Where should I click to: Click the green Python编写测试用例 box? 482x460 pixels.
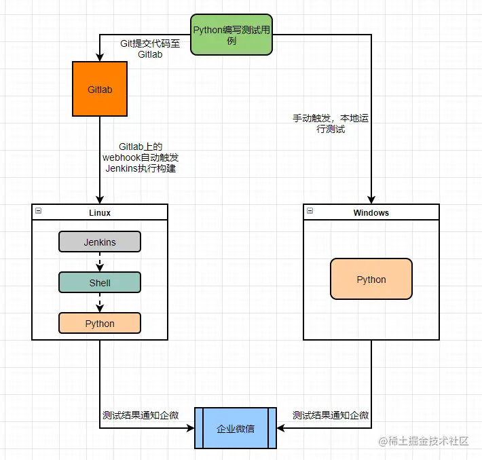[x=231, y=35]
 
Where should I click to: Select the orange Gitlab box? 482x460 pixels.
[x=100, y=89]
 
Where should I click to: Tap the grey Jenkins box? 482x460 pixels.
[x=100, y=242]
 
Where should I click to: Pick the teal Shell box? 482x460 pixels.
[x=100, y=282]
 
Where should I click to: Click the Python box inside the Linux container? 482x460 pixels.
[x=100, y=323]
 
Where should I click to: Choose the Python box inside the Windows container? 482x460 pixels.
[x=371, y=279]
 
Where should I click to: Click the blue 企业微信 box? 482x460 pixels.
[x=236, y=428]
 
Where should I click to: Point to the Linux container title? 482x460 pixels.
[x=100, y=212]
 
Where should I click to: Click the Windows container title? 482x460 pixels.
[x=371, y=212]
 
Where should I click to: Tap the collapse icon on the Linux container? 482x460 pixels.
[x=39, y=211]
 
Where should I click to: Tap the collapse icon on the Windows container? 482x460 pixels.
[x=310, y=211]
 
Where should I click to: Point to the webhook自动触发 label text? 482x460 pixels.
[x=141, y=157]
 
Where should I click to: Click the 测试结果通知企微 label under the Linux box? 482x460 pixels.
[x=141, y=415]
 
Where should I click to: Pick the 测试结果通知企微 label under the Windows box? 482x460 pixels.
[x=331, y=415]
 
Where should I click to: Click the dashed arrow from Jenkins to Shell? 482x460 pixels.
[x=100, y=263]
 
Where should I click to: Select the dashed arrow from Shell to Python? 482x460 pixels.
[x=100, y=303]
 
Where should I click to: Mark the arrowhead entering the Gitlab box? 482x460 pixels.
[x=100, y=58]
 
